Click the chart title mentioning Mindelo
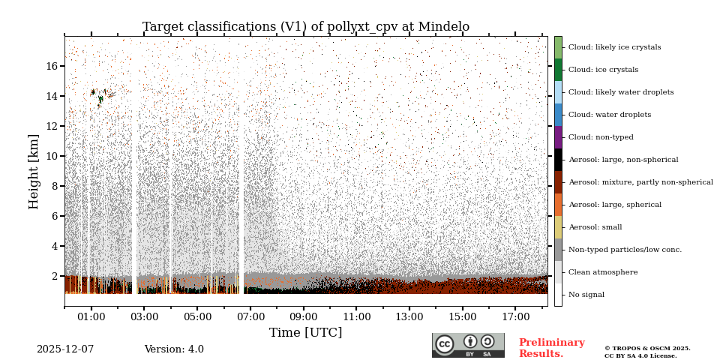tap(306, 27)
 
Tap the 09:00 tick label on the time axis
tap(304, 317)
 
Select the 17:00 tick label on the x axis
tap(516, 317)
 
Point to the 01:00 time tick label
tap(91, 317)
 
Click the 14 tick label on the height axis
tap(52, 96)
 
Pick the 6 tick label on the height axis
tap(55, 216)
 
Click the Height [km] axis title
tap(34, 171)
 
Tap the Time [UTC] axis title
tap(306, 332)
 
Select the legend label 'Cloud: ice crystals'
tap(603, 70)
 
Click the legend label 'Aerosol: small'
tap(595, 227)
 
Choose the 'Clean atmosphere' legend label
tap(603, 272)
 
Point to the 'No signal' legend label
tap(586, 295)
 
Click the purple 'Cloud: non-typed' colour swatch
tap(558, 137)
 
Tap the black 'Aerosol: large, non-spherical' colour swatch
tap(558, 160)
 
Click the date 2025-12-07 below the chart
tap(65, 349)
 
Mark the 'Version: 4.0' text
tap(174, 349)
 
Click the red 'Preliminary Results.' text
tap(551, 348)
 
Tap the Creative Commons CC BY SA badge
tap(468, 345)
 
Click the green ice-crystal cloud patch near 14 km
tap(99, 94)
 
